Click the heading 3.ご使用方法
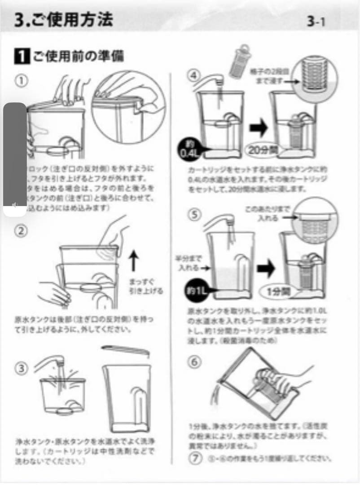[x=63, y=20]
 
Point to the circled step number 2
[x=21, y=231]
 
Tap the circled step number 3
[x=21, y=368]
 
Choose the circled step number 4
[x=193, y=75]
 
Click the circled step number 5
[x=193, y=215]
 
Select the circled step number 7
[x=193, y=459]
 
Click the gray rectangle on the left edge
[x=15, y=155]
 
